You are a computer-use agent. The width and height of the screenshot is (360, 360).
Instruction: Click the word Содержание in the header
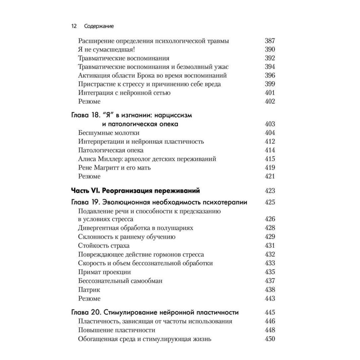99,26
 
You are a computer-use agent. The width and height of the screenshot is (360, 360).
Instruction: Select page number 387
270,41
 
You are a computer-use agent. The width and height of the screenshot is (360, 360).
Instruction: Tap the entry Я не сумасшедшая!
104,50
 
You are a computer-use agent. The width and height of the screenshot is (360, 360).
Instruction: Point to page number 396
270,76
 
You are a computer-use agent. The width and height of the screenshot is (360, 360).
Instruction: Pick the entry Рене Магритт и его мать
114,168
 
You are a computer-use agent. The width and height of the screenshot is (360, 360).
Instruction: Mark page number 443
270,298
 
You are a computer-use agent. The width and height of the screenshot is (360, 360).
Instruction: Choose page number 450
270,339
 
